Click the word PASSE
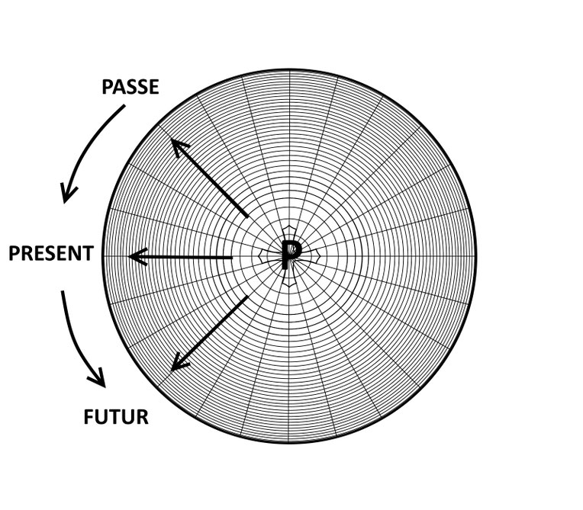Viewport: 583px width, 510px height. pyautogui.click(x=130, y=87)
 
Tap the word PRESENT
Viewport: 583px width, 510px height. pyautogui.click(x=51, y=254)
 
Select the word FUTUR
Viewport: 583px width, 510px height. pyautogui.click(x=116, y=417)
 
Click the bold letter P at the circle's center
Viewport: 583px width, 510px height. pyautogui.click(x=291, y=255)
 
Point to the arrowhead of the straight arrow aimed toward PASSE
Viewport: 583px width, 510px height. pyautogui.click(x=179, y=146)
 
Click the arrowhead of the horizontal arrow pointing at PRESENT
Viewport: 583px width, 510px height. pyautogui.click(x=136, y=257)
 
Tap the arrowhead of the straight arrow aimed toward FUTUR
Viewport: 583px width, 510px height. pyautogui.click(x=179, y=364)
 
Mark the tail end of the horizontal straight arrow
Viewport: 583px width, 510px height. pyautogui.click(x=232, y=257)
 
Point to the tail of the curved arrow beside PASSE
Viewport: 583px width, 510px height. pyautogui.click(x=124, y=106)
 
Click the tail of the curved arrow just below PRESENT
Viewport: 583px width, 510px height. pyautogui.click(x=63, y=291)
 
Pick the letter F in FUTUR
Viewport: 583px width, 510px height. pyautogui.click(x=89, y=417)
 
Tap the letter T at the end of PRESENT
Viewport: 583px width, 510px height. pyautogui.click(x=88, y=254)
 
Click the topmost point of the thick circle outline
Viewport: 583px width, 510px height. pyautogui.click(x=289, y=70)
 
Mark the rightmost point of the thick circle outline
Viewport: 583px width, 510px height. pyautogui.click(x=476, y=256)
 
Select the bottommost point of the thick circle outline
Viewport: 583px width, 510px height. pyautogui.click(x=289, y=442)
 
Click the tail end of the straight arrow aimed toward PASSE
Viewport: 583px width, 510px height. pyautogui.click(x=247, y=217)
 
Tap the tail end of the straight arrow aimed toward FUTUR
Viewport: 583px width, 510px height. pyautogui.click(x=247, y=297)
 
